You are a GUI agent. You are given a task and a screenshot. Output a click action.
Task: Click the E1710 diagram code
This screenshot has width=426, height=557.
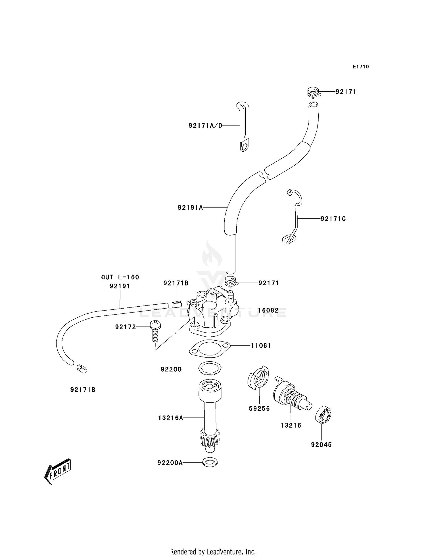tap(361, 67)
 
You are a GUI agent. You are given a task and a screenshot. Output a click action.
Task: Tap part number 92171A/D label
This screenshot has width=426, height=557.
tap(205, 125)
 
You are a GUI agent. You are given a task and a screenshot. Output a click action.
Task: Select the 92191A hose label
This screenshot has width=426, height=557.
tap(190, 208)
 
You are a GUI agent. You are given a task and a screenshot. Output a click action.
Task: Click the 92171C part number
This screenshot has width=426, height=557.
tap(333, 219)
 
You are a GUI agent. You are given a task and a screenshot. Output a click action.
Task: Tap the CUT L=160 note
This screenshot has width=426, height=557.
tap(120, 277)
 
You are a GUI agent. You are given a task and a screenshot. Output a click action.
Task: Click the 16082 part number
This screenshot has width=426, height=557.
tap(268, 310)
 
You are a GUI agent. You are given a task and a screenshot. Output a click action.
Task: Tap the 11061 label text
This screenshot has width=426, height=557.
tap(261, 345)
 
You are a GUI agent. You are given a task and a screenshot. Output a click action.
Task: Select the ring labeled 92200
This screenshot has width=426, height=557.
tap(210, 368)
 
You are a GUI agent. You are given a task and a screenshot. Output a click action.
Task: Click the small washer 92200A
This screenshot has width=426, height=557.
tap(210, 462)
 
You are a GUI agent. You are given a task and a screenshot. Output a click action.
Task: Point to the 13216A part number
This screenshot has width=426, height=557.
tap(170, 418)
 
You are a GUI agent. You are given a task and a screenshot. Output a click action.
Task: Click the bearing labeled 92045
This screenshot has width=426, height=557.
tap(323, 416)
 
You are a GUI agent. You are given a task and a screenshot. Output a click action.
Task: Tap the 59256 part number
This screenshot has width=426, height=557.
tap(259, 409)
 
